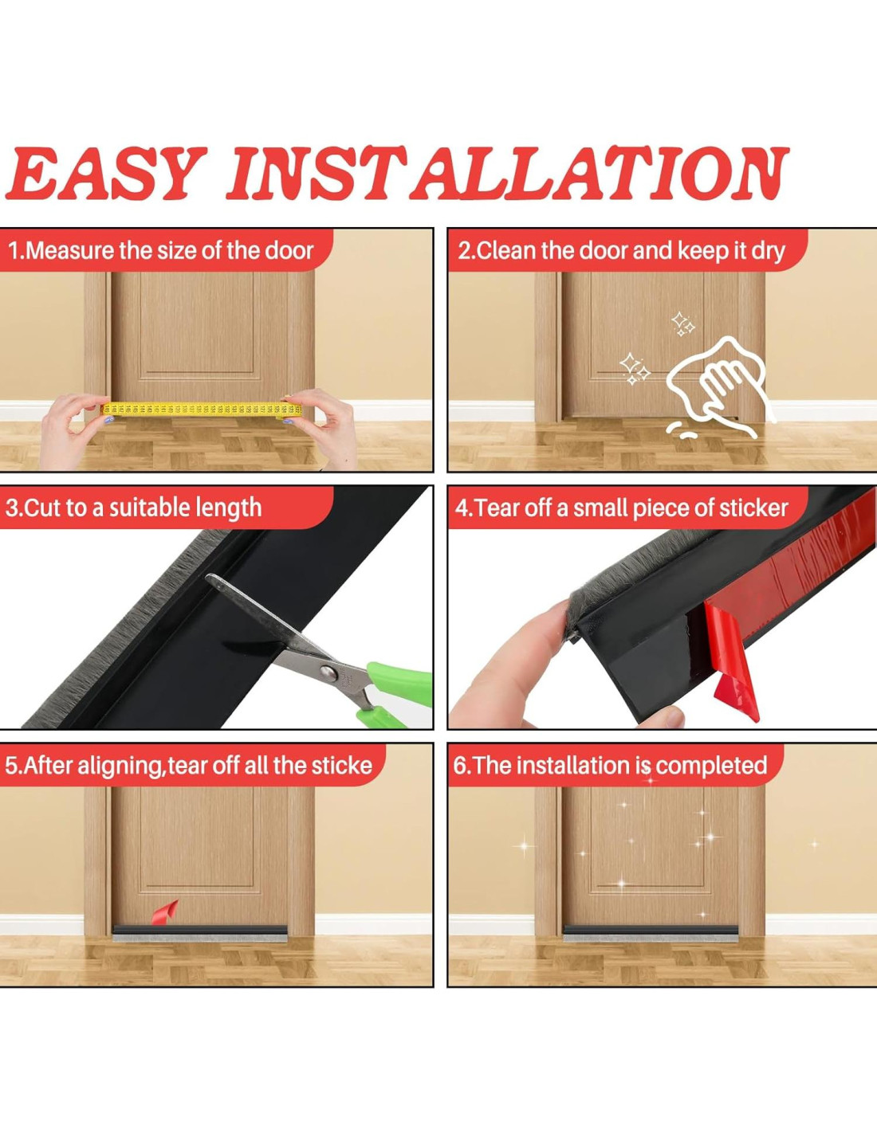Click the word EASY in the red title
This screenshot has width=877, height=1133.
[x=106, y=174]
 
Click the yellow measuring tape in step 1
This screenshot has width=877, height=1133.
[x=202, y=410]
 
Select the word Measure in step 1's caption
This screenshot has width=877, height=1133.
[x=70, y=251]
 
